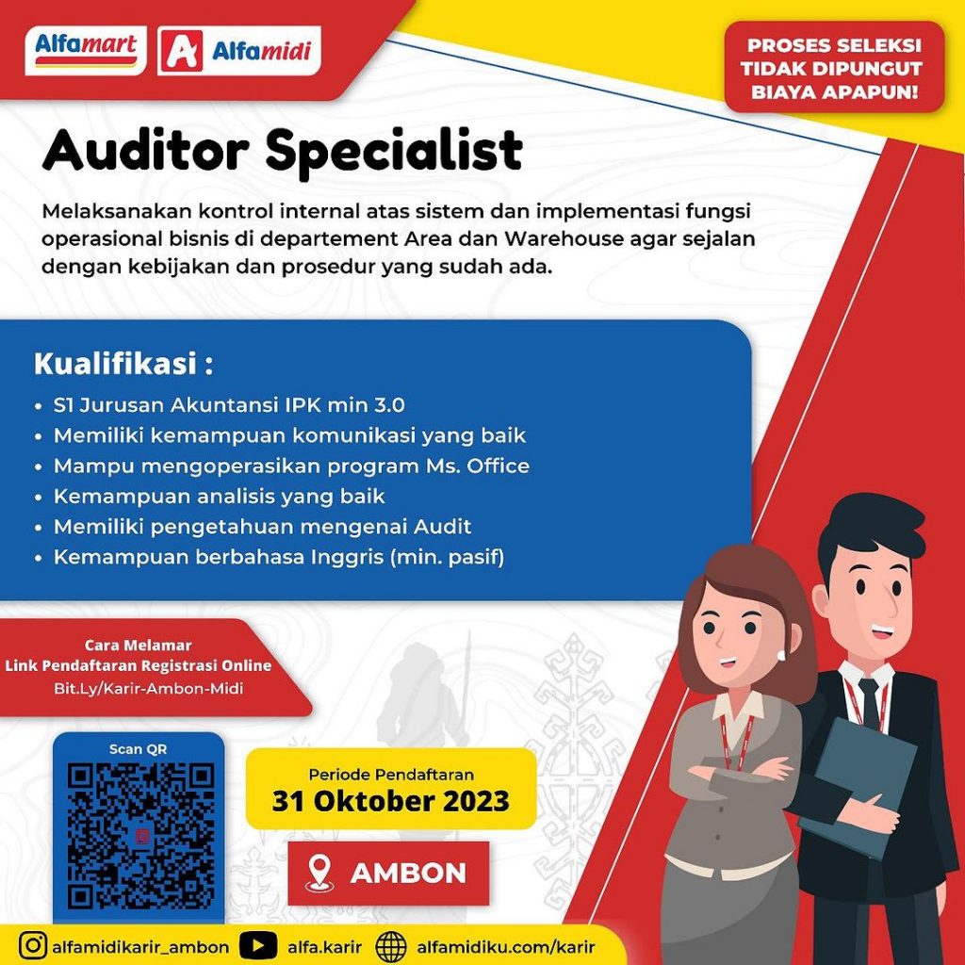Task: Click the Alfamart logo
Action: point(86,51)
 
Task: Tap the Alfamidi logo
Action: point(238,51)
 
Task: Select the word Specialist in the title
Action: point(394,152)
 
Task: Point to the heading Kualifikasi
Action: point(123,363)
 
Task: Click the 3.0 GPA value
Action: point(389,405)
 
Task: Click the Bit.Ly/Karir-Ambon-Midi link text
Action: point(148,688)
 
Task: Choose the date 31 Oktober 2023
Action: point(391,801)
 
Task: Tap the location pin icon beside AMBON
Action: point(319,874)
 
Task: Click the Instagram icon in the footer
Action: point(33,946)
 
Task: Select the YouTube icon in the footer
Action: point(257,946)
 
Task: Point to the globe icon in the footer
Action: point(391,946)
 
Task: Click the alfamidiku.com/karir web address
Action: point(506,946)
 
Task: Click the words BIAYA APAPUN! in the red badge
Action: point(835,92)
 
